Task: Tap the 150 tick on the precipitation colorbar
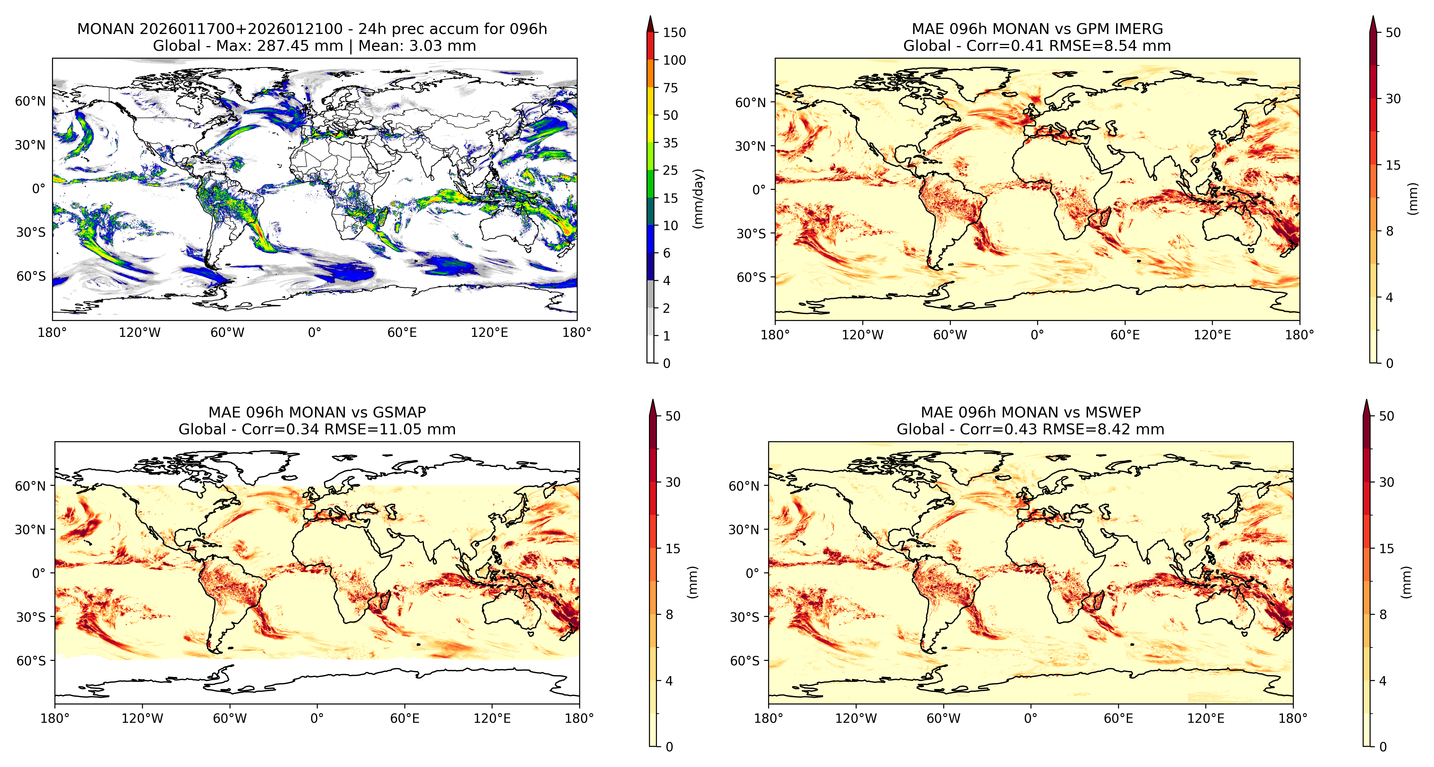coord(674,32)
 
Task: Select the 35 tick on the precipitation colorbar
coord(670,143)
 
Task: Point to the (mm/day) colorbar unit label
coord(698,198)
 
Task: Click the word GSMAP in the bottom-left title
coord(399,412)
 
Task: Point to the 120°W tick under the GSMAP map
coord(143,718)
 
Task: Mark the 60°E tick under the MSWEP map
coord(1118,718)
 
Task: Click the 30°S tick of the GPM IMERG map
coord(752,234)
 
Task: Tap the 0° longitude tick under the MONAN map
coord(314,333)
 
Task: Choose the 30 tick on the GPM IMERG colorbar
coord(1393,99)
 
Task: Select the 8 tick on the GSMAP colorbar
coord(669,615)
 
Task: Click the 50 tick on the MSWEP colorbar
coord(1386,416)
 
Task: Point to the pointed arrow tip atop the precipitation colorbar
coord(650,17)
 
